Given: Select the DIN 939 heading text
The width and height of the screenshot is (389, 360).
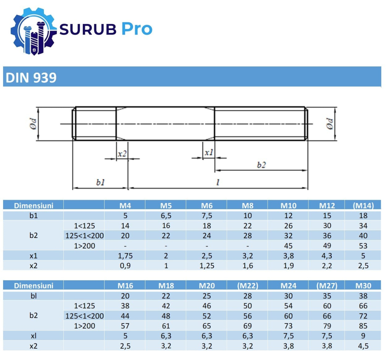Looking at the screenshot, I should point(30,78).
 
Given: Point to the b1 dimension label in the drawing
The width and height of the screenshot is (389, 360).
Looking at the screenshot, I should point(100,182).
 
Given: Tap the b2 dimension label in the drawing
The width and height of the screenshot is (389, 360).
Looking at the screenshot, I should point(261,165).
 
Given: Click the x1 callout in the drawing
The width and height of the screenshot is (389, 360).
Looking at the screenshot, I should point(209,153).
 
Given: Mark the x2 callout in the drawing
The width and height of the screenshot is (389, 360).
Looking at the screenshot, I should point(122,153).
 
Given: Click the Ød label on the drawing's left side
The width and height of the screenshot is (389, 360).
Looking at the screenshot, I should point(33,123).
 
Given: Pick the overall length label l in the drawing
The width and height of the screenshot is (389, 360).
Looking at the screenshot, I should point(217,182).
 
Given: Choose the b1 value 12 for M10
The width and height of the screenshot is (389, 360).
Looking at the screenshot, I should point(288,216).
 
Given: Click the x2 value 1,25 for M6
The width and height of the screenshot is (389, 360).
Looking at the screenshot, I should point(206,266).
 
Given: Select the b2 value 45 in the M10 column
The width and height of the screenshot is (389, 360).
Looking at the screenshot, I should point(288,246).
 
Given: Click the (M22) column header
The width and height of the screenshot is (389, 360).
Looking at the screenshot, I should point(247,286).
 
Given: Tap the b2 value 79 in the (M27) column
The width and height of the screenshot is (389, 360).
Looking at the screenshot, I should point(326,326).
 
